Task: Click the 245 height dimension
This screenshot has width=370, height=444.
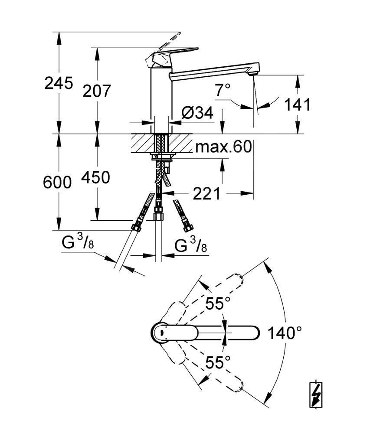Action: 59,83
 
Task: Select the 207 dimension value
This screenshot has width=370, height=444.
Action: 97,91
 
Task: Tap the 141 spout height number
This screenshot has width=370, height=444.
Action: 298,104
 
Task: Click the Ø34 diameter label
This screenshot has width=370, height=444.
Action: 197,114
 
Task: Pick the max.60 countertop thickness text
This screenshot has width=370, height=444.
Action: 223,147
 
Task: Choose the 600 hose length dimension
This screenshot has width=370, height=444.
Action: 57,182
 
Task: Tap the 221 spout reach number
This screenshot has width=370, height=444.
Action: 206,194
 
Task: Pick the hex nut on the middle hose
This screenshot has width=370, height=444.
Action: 159,215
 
